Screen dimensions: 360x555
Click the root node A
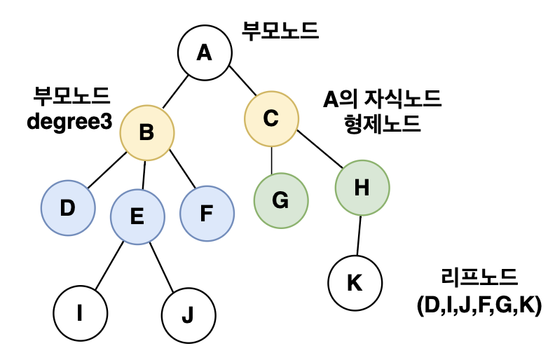[204, 52]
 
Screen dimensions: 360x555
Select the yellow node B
[146, 132]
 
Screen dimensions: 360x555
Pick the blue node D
[68, 209]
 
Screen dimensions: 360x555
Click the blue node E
[137, 216]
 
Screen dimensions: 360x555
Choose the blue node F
[207, 213]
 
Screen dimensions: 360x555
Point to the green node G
[280, 200]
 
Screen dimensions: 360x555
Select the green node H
[362, 188]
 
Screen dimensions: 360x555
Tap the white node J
[188, 314]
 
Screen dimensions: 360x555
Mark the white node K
[355, 284]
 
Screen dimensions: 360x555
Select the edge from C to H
[319, 148]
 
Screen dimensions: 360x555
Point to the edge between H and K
[359, 235]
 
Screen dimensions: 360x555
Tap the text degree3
[69, 120]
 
